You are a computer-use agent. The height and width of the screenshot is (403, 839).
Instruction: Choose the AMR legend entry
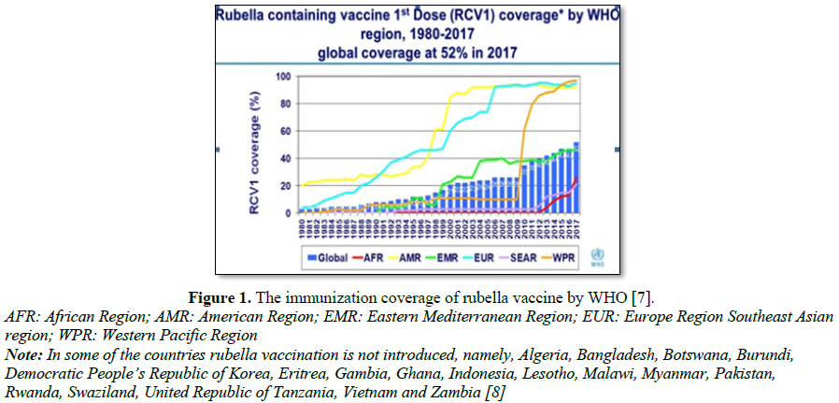pos(413,255)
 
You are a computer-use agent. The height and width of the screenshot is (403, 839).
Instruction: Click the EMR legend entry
pos(458,255)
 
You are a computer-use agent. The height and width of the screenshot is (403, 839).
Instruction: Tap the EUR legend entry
pos(502,255)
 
